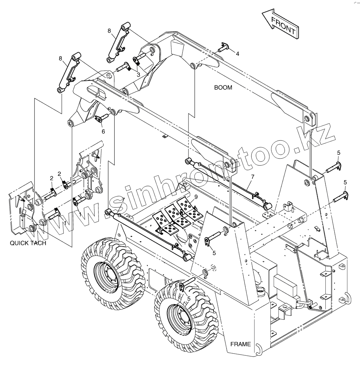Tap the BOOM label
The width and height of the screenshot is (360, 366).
[223, 88]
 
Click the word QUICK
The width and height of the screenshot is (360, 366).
[20, 243]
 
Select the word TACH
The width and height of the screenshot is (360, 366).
[38, 243]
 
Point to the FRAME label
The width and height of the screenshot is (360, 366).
[240, 344]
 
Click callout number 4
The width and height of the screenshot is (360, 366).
[238, 54]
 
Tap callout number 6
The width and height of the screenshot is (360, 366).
[103, 131]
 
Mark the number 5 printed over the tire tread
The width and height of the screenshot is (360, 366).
[189, 299]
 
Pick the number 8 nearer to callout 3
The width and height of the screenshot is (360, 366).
[109, 31]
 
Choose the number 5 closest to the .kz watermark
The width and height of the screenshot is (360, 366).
[338, 153]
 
